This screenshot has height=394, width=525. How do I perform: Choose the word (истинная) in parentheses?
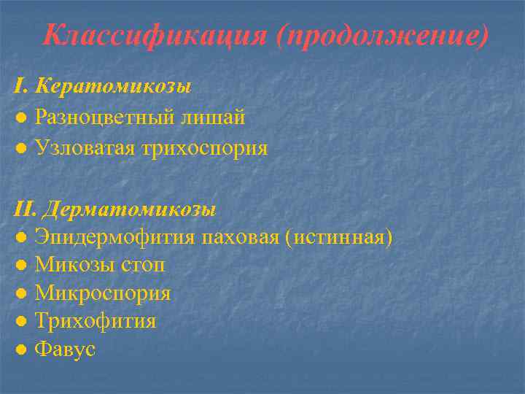point(341,239)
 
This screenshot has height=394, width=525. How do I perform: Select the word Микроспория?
point(102,294)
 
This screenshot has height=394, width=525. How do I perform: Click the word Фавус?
point(65,349)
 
